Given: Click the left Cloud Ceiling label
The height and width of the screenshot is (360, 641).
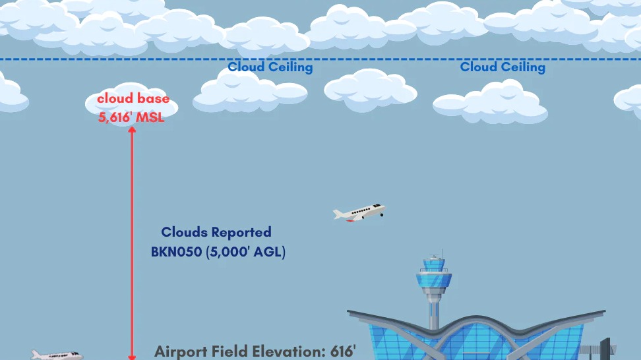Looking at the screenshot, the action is (x=270, y=67).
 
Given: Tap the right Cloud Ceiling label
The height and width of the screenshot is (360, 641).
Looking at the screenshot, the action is (x=503, y=67).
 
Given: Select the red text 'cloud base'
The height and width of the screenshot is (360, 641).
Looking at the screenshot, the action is (x=133, y=98).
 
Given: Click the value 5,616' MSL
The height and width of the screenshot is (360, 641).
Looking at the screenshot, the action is (x=131, y=117).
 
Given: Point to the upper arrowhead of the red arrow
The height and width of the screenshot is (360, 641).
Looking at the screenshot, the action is (x=132, y=130).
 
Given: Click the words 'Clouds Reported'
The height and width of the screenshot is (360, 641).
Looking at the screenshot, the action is (x=216, y=232).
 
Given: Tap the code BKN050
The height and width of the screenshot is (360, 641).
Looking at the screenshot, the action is (x=177, y=252).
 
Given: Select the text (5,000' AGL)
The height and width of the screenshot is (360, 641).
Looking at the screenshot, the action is (x=246, y=252).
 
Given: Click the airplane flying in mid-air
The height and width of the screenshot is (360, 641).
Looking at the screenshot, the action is (x=359, y=212).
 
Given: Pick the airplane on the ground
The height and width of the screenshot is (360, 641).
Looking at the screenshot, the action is (x=57, y=355).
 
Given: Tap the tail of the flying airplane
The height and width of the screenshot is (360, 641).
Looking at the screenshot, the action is (x=338, y=214).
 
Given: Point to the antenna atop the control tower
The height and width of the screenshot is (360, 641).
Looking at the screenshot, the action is (x=442, y=253).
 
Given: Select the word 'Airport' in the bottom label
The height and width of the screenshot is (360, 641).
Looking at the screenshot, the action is (x=180, y=352).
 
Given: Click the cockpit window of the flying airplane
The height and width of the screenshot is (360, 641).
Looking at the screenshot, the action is (x=377, y=206).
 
